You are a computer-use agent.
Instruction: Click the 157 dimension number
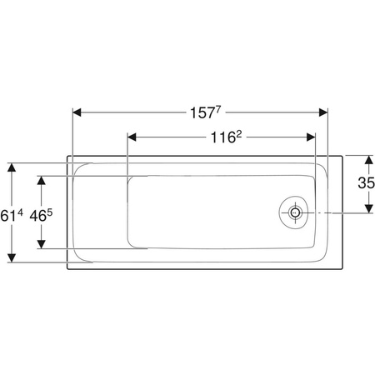tap(202, 113)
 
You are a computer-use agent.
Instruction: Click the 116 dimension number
tap(223, 137)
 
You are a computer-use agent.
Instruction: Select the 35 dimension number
tap(367, 183)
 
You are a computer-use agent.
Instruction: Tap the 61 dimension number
tap(8, 216)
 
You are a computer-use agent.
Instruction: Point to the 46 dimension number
tap(37, 216)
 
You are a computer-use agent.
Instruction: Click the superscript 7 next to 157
tap(218, 110)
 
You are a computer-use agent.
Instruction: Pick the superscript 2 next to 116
tap(239, 134)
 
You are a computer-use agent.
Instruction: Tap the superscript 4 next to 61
tap(20, 213)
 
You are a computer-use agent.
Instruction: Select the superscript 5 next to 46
tap(49, 213)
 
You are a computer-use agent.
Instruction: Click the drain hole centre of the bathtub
tap(295, 212)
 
